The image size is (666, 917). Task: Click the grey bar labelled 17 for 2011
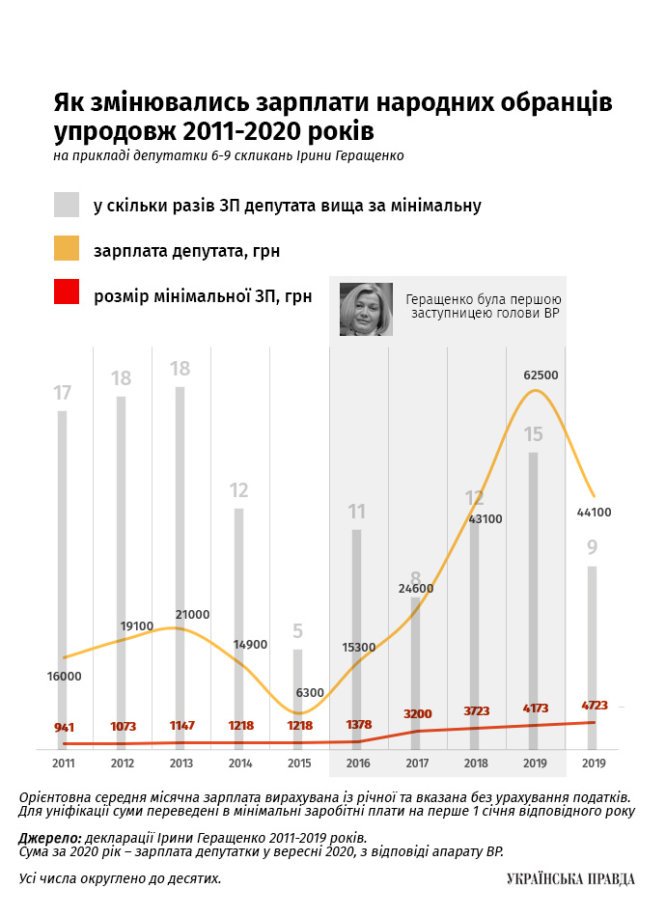(x=63, y=579)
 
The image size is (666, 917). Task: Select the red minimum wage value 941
(x=64, y=726)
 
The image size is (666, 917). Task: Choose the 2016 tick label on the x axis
(x=357, y=764)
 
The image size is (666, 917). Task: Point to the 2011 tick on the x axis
(x=64, y=764)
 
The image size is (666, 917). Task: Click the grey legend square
(x=67, y=205)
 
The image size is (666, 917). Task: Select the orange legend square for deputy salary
(x=67, y=249)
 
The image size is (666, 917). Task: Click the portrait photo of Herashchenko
(x=366, y=309)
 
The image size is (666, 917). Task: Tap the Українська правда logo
(x=570, y=877)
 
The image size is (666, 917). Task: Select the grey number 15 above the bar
(x=534, y=434)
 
